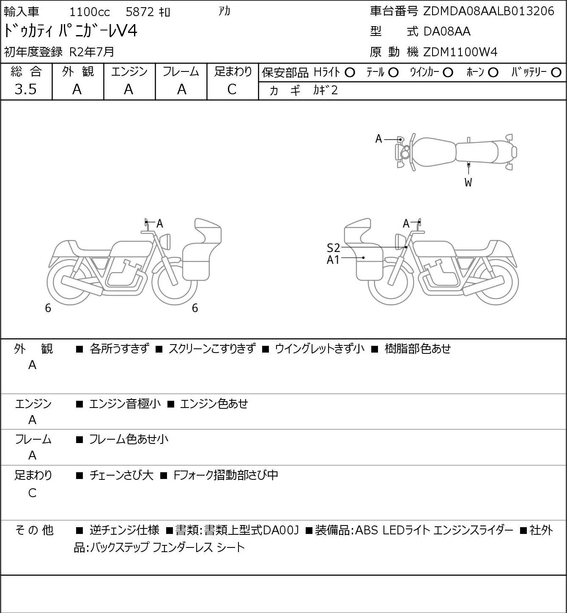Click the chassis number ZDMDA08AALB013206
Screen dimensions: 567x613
pyautogui.click(x=488, y=11)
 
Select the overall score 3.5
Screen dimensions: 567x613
pyautogui.click(x=26, y=89)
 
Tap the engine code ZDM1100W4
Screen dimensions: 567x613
pyautogui.click(x=460, y=52)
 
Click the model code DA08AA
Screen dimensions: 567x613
pyautogui.click(x=447, y=31)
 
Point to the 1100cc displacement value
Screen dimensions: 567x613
pyautogui.click(x=90, y=12)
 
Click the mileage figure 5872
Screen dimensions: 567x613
pyautogui.click(x=140, y=12)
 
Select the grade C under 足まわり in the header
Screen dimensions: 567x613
pyautogui.click(x=232, y=89)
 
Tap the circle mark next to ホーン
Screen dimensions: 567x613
pyautogui.click(x=493, y=73)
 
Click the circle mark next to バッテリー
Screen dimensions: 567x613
pyautogui.click(x=556, y=73)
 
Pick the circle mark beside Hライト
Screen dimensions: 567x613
pyautogui.click(x=350, y=73)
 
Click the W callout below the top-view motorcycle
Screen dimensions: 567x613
pyautogui.click(x=468, y=182)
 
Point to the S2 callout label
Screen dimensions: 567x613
pyautogui.click(x=333, y=248)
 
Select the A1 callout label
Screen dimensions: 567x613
pyautogui.click(x=333, y=260)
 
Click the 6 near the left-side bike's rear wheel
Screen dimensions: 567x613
pyautogui.click(x=48, y=308)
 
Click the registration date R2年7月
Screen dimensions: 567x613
pyautogui.click(x=92, y=52)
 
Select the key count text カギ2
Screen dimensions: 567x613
pyautogui.click(x=325, y=90)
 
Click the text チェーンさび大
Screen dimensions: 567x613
pyautogui.click(x=121, y=475)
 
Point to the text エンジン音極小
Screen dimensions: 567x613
pyautogui.click(x=125, y=404)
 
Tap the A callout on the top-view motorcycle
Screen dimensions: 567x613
pyautogui.click(x=378, y=139)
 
